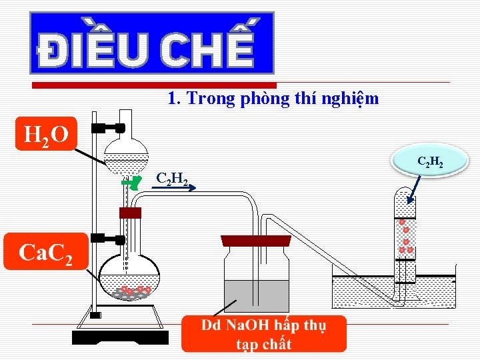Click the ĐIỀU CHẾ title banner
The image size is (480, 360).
click(151, 43)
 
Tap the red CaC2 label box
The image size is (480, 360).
click(45, 251)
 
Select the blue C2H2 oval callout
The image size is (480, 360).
click(431, 162)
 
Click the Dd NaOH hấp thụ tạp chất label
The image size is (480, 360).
click(264, 334)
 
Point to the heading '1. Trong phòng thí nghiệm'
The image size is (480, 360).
click(273, 99)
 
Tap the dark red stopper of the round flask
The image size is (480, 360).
click(131, 213)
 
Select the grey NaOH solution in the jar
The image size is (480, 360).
click(256, 296)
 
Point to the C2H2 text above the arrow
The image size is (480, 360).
click(170, 179)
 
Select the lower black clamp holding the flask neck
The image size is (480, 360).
click(109, 238)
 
